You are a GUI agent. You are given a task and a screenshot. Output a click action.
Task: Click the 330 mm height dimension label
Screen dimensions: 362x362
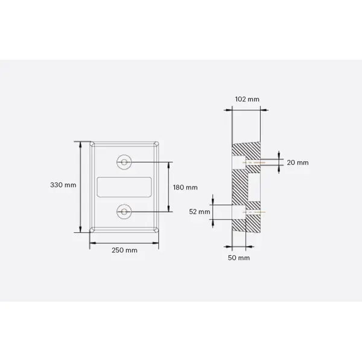click(63, 185)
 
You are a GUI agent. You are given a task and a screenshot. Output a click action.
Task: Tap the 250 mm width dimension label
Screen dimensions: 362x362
click(124, 250)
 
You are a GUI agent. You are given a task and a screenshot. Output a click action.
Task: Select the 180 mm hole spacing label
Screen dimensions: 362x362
click(185, 188)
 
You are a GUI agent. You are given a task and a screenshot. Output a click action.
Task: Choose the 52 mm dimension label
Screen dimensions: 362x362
click(199, 212)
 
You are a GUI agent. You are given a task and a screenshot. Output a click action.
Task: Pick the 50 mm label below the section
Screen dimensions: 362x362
click(240, 258)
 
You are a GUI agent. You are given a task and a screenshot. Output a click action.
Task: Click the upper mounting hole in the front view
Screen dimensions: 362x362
click(124, 162)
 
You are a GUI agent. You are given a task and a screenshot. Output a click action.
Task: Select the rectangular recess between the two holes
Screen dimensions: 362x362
click(124, 187)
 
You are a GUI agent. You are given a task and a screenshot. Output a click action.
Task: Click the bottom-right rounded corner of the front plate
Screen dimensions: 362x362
click(156, 230)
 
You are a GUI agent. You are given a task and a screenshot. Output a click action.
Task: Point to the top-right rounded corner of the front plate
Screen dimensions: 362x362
click(156, 144)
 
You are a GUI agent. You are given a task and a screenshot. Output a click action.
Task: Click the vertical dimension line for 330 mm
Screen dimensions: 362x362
click(80, 187)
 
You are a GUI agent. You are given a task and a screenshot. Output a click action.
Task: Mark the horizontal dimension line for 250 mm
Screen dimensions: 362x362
click(124, 243)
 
